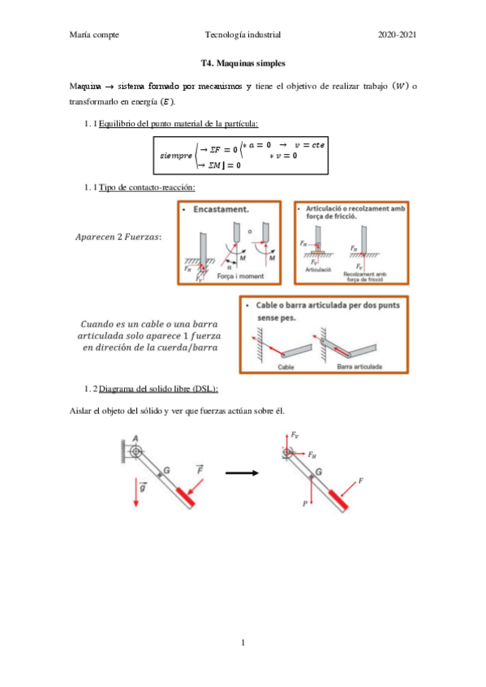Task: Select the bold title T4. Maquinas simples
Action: (243, 62)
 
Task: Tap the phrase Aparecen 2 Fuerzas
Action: (118, 237)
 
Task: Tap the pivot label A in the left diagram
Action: (135, 437)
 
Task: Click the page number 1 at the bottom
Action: (243, 643)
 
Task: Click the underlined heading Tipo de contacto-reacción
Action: (146, 188)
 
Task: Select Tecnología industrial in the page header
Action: (243, 35)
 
